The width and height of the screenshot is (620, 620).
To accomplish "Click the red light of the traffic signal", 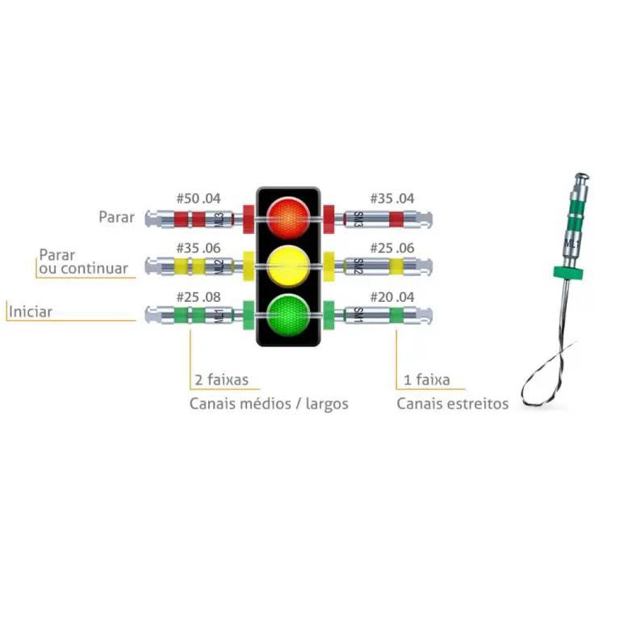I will click(x=288, y=216).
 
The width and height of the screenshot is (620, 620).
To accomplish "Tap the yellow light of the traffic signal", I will click(x=288, y=263).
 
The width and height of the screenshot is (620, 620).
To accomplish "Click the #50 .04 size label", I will click(x=198, y=199).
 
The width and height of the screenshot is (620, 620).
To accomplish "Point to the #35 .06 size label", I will click(x=198, y=247).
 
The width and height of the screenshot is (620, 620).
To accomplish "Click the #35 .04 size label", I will click(x=392, y=199).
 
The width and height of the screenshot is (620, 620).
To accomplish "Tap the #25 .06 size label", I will click(x=392, y=247).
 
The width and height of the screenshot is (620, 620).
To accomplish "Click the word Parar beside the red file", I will click(x=117, y=217).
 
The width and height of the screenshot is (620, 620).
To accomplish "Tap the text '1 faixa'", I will click(x=423, y=379).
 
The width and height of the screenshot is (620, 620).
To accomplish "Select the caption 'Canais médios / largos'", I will click(x=269, y=404).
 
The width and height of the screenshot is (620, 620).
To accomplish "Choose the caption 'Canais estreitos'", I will click(x=452, y=404).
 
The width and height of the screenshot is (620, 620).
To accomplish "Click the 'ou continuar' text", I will click(x=84, y=268).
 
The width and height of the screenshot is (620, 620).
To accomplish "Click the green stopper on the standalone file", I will click(x=569, y=271).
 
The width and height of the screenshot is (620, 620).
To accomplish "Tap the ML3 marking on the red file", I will click(x=219, y=219).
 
